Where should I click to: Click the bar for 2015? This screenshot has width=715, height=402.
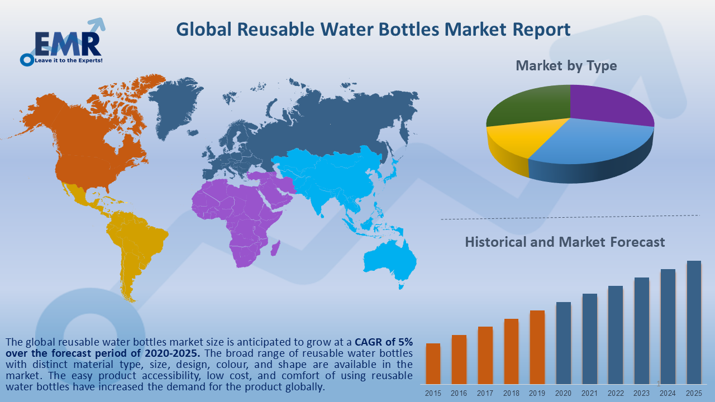point(433,363)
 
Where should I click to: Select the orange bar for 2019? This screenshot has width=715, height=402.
point(537,347)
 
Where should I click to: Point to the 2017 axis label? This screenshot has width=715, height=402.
point(485,393)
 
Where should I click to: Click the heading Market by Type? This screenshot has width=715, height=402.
point(566,66)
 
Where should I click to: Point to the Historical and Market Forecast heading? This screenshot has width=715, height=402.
point(565,242)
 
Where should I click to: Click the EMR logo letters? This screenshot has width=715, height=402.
point(67,43)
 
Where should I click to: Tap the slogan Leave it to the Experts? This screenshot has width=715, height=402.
point(69,60)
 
